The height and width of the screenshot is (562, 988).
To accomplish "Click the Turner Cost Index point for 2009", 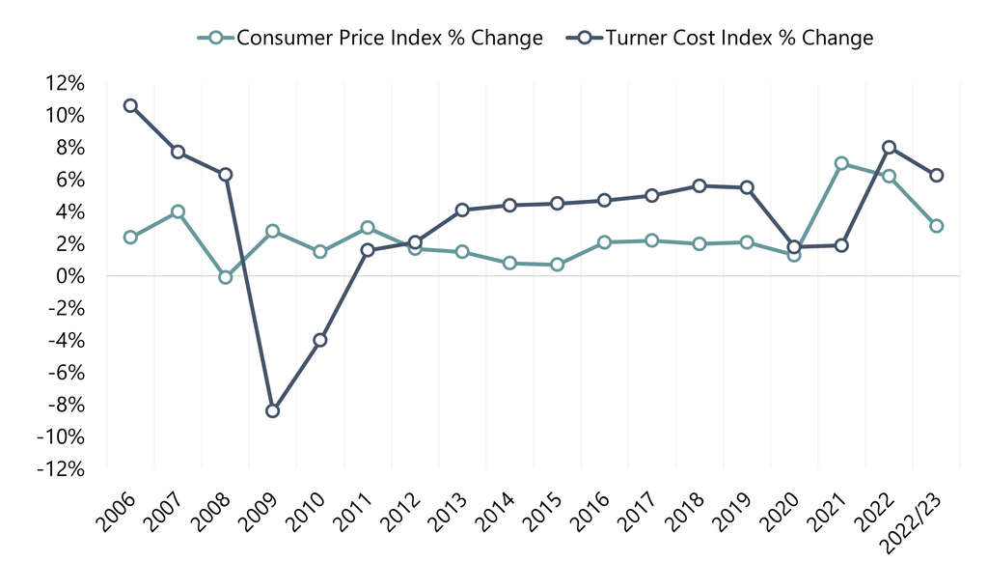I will [x=273, y=410].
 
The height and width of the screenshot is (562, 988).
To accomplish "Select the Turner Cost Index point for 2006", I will [x=130, y=105].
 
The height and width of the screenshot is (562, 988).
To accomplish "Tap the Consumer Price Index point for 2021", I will [x=841, y=164].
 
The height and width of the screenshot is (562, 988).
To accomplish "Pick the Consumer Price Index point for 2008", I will [x=226, y=277].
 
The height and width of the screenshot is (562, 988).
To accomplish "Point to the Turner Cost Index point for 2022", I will [x=889, y=148].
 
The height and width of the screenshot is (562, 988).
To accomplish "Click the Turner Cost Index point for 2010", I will [x=320, y=340].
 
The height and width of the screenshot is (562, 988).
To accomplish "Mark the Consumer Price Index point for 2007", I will [x=178, y=211].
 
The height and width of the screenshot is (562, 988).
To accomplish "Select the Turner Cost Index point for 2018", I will [x=700, y=185].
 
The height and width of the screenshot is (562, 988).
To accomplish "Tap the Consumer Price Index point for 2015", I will [x=557, y=265].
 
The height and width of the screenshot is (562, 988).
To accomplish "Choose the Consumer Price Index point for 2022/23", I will [x=936, y=226].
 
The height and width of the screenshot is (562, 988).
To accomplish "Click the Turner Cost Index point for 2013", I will [x=462, y=210].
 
